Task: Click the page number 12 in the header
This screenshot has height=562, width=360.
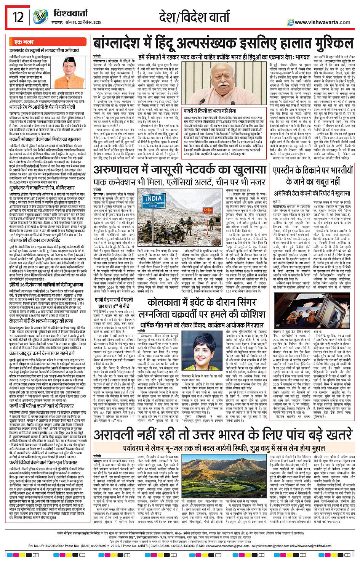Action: pos(18,17)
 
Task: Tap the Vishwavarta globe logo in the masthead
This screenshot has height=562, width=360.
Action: pos(40,17)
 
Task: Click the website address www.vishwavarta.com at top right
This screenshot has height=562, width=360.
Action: pos(322,22)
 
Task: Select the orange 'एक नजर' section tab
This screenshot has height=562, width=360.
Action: pos(24,42)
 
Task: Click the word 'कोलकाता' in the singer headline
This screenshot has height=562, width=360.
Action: pos(165,303)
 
